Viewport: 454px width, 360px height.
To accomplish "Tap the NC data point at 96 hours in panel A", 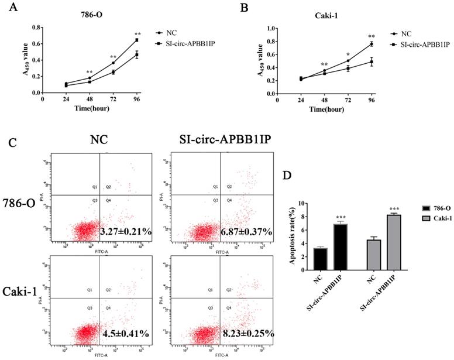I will click(137, 40).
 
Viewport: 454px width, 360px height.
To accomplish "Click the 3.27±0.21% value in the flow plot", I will click(126, 231).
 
